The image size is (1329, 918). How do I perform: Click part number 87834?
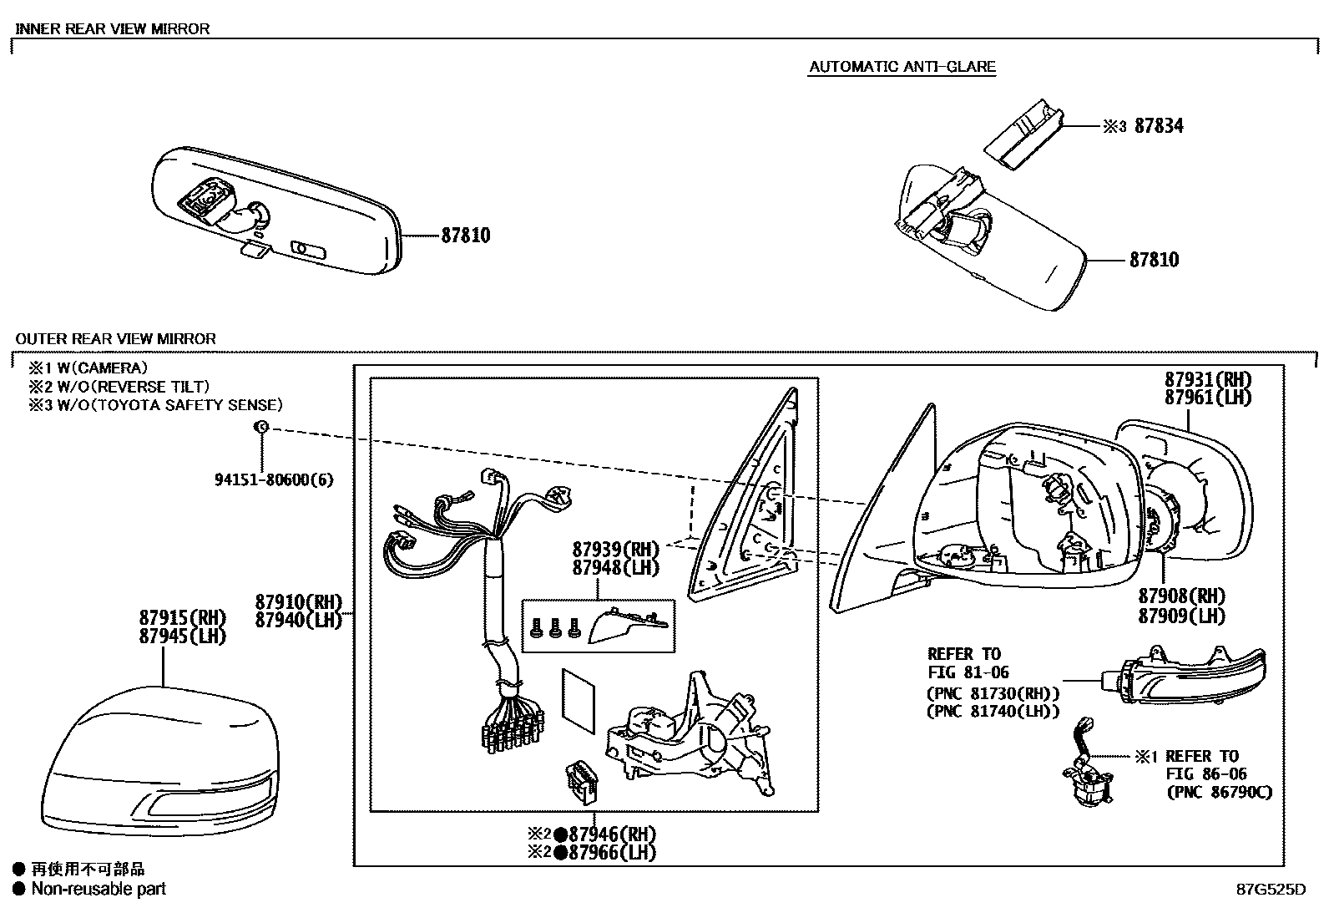click(1158, 126)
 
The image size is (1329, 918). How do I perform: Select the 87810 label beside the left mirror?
click(465, 236)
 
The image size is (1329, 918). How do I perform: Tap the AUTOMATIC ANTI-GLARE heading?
click(902, 67)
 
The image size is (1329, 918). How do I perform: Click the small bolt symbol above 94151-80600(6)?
click(260, 427)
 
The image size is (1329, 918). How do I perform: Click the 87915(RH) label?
click(183, 618)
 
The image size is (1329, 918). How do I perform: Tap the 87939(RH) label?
click(615, 550)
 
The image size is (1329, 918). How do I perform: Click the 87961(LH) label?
click(1208, 398)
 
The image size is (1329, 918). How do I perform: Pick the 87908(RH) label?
click(1181, 596)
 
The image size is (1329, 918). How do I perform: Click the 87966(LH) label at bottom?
click(604, 853)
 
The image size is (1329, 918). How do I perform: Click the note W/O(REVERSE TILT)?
click(119, 387)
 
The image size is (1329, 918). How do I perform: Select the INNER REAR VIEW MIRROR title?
click(113, 28)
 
